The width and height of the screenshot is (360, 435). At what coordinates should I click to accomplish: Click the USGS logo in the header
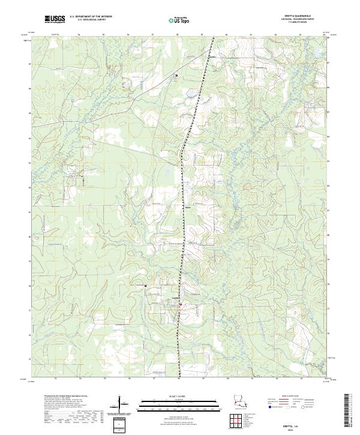tap(55, 19)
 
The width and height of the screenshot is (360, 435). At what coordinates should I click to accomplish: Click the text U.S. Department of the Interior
tap(90, 17)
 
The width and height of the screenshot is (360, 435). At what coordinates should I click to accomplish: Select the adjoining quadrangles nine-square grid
tap(239, 418)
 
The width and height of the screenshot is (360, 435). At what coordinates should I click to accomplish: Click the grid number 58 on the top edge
tap(178, 35)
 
